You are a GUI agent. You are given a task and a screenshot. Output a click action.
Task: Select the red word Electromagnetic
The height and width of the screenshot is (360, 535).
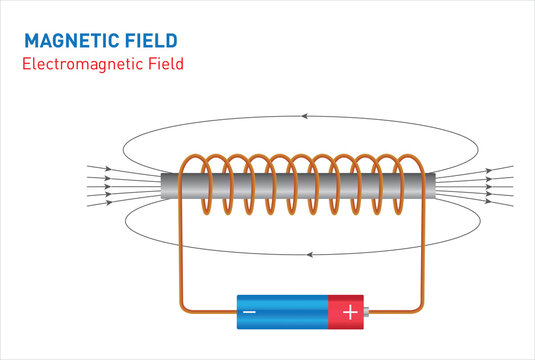[84, 64]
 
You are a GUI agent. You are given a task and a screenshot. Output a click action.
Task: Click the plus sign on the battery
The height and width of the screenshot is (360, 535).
[349, 312]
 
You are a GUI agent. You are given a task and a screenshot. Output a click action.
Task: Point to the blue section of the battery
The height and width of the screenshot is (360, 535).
[280, 312]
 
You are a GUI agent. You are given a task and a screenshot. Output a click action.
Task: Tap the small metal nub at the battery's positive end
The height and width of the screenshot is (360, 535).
[367, 312]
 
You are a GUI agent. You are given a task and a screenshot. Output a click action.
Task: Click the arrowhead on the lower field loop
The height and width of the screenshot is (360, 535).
[310, 254]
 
